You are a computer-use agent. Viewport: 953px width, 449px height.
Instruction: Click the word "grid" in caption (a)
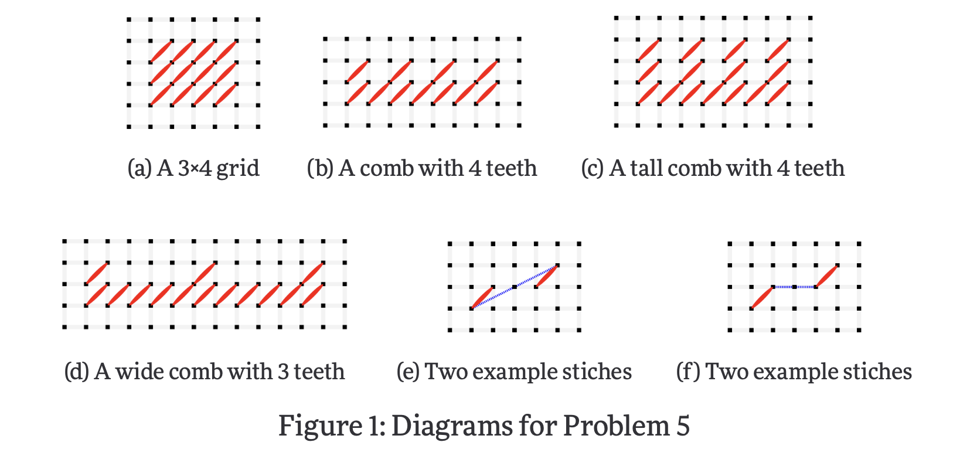pyautogui.click(x=238, y=169)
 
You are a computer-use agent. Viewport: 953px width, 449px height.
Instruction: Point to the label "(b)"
pyautogui.click(x=320, y=169)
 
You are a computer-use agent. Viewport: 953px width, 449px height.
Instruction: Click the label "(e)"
pyautogui.click(x=408, y=372)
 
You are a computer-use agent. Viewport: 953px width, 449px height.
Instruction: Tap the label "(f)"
pyautogui.click(x=688, y=372)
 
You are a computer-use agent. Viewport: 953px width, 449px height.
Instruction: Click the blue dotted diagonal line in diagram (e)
pyautogui.click(x=515, y=287)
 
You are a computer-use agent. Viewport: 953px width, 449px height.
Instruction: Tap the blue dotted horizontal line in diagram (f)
pyautogui.click(x=795, y=287)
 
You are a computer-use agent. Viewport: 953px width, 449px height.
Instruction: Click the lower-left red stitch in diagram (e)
pyautogui.click(x=483, y=297)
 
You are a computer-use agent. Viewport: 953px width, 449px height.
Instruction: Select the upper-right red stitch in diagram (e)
pyautogui.click(x=547, y=276)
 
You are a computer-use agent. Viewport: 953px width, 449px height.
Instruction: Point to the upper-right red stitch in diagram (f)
pyautogui.click(x=827, y=276)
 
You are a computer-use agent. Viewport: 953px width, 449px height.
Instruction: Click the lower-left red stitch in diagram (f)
pyautogui.click(x=763, y=297)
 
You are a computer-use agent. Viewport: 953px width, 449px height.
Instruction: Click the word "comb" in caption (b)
pyautogui.click(x=383, y=169)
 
